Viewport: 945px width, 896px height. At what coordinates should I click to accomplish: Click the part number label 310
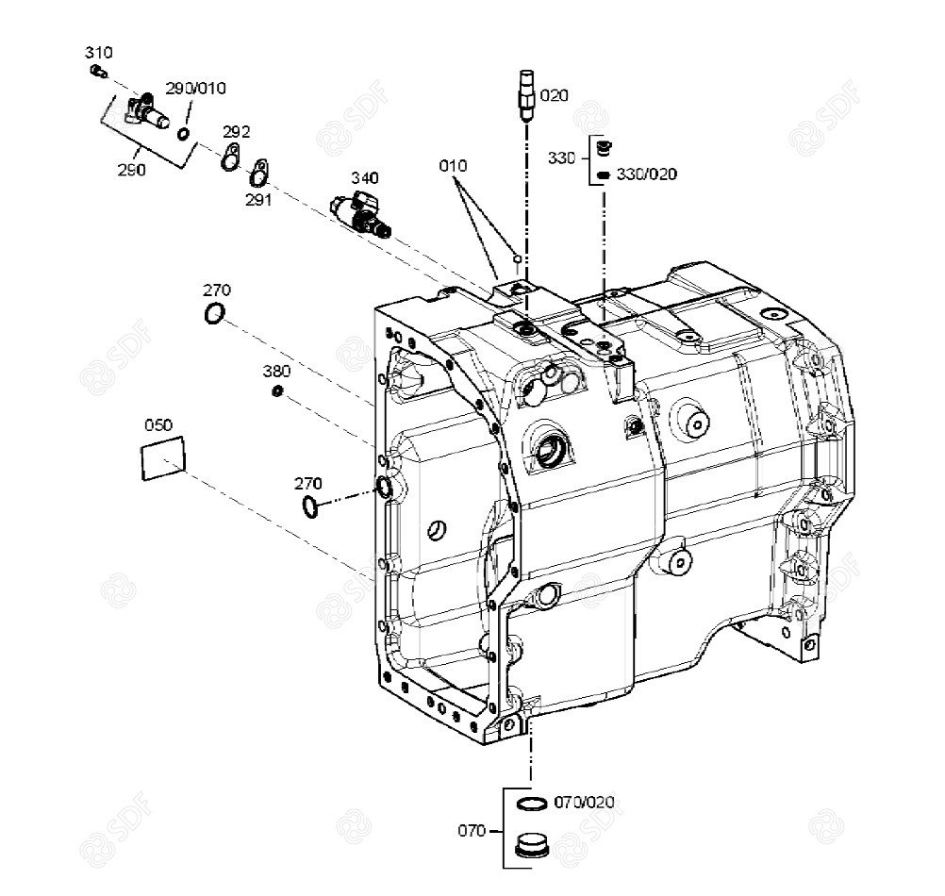pos(98,51)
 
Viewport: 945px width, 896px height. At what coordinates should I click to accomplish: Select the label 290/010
pos(196,89)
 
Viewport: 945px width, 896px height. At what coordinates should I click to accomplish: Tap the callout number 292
pos(236,131)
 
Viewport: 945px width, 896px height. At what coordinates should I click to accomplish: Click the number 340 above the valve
pos(365,177)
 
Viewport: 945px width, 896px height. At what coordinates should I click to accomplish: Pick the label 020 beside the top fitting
pos(555,95)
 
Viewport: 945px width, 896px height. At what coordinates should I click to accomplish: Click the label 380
pos(276,371)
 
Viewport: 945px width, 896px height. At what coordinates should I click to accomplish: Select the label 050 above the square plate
pos(157,425)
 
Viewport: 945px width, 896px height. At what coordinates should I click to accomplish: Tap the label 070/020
pos(584,803)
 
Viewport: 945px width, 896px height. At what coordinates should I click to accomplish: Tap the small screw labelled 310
pos(97,70)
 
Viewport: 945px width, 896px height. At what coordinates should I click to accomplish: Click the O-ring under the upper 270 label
pos(215,314)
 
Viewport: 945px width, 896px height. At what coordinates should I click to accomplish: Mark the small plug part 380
pos(278,391)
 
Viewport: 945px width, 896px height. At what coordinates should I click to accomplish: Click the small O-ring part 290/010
pos(183,135)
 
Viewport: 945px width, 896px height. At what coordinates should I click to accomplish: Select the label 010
pos(453,166)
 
